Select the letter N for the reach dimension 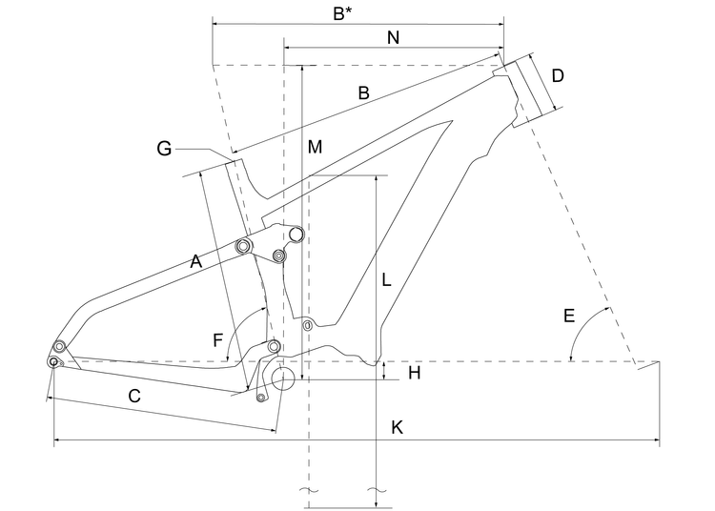tap(394, 37)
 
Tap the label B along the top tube tap(363, 92)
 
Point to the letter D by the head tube tap(558, 75)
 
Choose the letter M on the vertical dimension tap(315, 147)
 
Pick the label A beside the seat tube tap(196, 260)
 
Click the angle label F tap(217, 338)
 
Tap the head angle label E tap(568, 316)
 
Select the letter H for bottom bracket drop tap(414, 373)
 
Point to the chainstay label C tap(134, 396)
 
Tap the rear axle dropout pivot tap(53, 361)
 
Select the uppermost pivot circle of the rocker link tap(296, 234)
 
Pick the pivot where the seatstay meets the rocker tap(242, 247)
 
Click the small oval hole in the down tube tap(307, 326)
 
